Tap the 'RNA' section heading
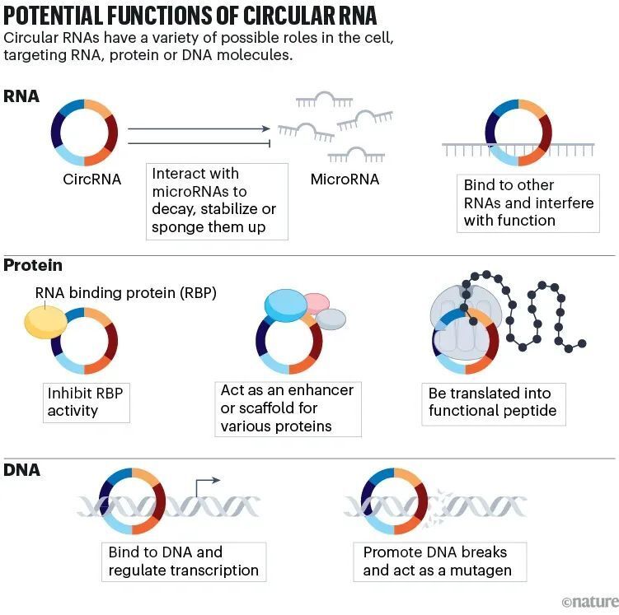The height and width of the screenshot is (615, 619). pyautogui.click(x=21, y=96)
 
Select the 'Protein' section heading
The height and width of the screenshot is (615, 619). pyautogui.click(x=33, y=266)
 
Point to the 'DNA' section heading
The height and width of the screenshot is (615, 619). pyautogui.click(x=21, y=470)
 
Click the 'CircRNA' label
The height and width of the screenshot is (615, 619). pyautogui.click(x=91, y=179)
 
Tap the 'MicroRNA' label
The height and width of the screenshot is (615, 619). pyautogui.click(x=345, y=179)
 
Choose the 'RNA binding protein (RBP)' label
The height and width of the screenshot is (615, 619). pyautogui.click(x=125, y=292)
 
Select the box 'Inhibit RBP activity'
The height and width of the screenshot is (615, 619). pyautogui.click(x=85, y=402)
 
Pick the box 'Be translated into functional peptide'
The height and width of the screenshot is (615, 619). pyautogui.click(x=493, y=402)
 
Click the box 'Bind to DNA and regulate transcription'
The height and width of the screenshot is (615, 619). pyautogui.click(x=183, y=561)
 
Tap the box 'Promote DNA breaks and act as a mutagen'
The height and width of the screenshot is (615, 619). pyautogui.click(x=437, y=561)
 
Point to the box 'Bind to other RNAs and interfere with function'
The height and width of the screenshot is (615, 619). pyautogui.click(x=528, y=203)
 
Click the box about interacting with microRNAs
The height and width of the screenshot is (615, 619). pyautogui.click(x=218, y=201)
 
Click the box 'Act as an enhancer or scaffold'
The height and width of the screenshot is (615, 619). pyautogui.click(x=289, y=408)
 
